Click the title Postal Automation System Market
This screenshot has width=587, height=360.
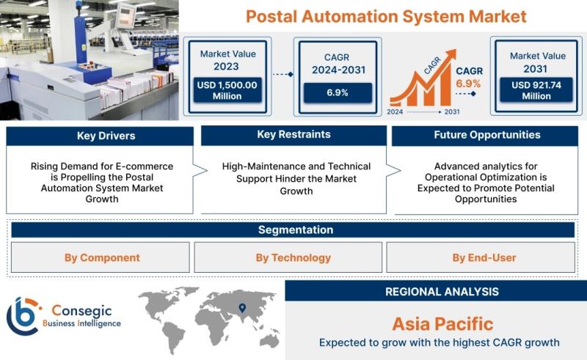(x=386, y=16)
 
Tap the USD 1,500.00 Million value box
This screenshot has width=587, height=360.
(x=227, y=90)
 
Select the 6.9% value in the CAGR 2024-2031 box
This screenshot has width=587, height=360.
(x=338, y=92)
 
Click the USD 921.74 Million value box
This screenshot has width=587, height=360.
(x=536, y=89)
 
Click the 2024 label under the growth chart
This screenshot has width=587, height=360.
(x=395, y=111)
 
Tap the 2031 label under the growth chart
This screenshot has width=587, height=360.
(x=451, y=111)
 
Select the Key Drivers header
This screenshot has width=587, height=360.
(x=100, y=136)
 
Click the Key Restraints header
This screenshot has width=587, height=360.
(x=294, y=135)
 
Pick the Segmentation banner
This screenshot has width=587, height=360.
(x=293, y=229)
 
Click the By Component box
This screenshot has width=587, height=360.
(x=101, y=257)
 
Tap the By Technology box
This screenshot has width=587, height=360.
(x=288, y=257)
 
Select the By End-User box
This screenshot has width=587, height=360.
(x=481, y=257)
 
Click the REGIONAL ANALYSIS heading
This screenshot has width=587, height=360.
(x=442, y=292)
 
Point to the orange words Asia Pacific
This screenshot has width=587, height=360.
(x=443, y=324)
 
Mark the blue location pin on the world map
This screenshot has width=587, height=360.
(x=243, y=308)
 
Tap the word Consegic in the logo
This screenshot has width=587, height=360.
(x=81, y=311)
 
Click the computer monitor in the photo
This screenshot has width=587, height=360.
(x=125, y=16)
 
